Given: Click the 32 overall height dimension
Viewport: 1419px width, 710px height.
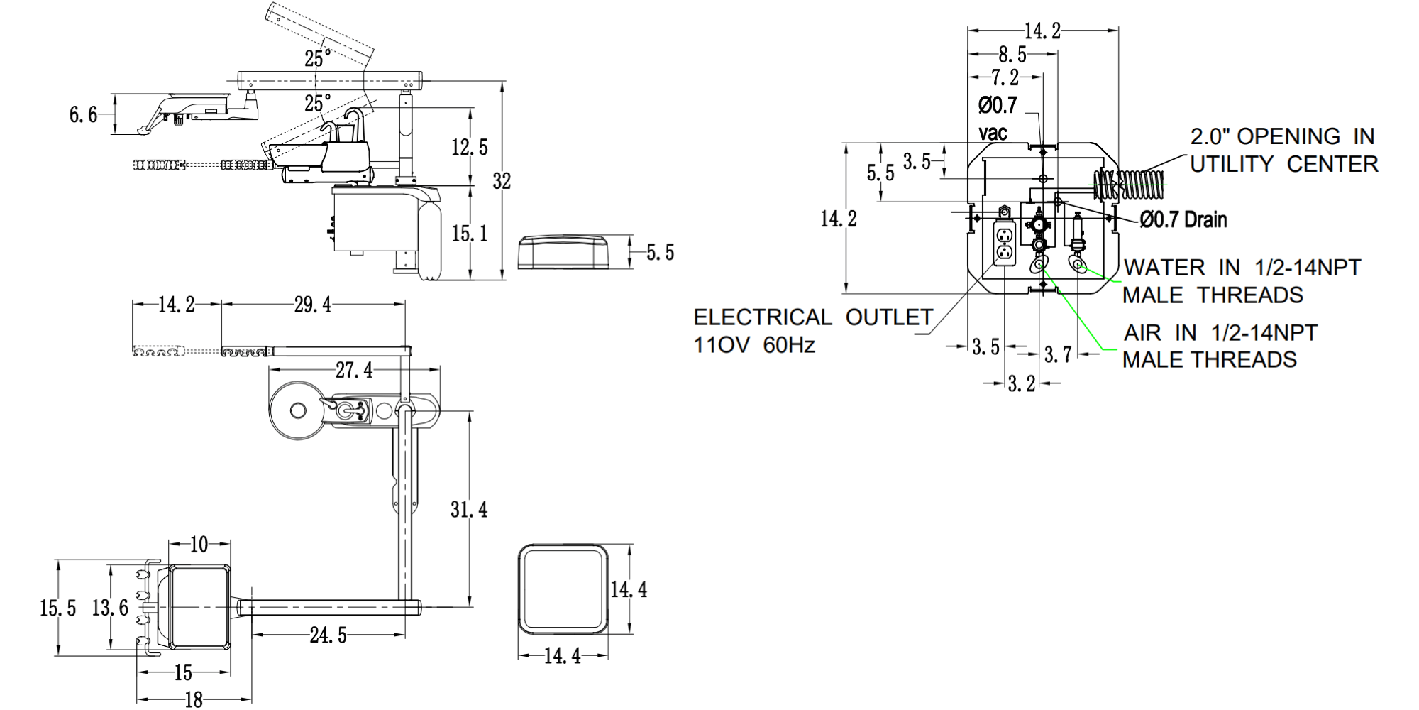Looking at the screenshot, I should coord(502,182).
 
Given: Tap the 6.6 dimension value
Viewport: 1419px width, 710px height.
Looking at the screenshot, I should coord(83,114).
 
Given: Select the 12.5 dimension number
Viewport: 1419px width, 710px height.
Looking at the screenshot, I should coord(470,147).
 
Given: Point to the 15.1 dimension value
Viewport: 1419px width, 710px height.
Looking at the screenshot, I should coord(470,233).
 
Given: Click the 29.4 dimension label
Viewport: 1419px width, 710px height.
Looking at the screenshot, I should coord(312,305).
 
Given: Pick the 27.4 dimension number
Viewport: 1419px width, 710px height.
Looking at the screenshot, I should coord(353,370).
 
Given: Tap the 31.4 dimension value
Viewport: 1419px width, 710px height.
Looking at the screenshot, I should coord(469,509).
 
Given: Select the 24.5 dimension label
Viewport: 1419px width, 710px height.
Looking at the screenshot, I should coord(328,635).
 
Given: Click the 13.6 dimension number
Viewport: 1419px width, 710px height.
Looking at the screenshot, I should coord(110,607).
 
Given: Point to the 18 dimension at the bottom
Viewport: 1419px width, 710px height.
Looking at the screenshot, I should coord(194,700).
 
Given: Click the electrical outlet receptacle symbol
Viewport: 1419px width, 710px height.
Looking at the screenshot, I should coord(1004,244).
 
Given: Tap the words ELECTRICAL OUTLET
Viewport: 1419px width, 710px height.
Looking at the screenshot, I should coord(813,317).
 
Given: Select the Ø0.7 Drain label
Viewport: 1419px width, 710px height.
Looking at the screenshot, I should coord(1183,220).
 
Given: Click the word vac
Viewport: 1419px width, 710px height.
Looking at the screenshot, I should coord(993,133).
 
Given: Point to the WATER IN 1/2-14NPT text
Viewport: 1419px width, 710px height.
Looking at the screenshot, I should coord(1242,268).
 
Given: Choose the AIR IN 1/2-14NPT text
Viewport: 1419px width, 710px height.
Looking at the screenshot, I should coord(1220,332).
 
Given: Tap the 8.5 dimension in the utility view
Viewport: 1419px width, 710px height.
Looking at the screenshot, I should coord(1012,54).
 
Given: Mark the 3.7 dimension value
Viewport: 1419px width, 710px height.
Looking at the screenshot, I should coord(1058,354).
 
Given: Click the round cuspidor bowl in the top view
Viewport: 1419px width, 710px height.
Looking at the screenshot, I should coord(297,410).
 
